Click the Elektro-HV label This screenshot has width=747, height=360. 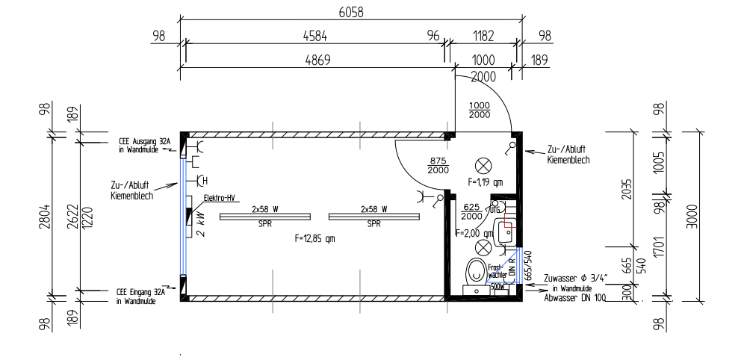point(218,198)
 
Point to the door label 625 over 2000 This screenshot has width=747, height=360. point(472,211)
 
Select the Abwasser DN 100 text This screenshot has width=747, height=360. point(576,297)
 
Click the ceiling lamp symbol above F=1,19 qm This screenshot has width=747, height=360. point(486,164)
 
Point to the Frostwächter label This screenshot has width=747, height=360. point(498,270)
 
